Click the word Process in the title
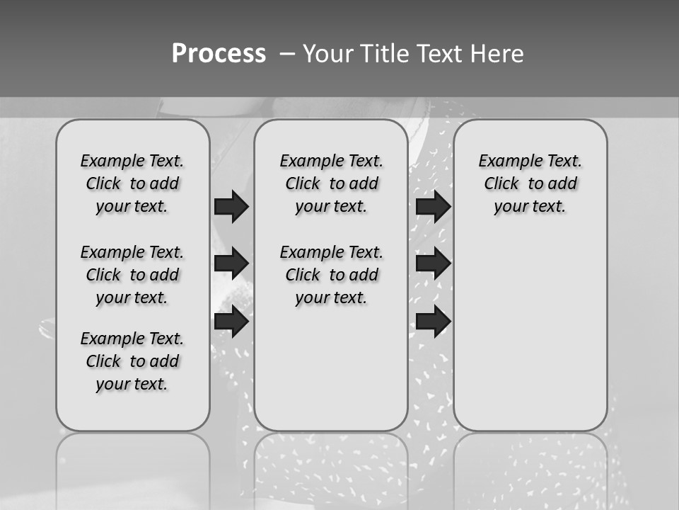[x=219, y=54]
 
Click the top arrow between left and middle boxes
[x=231, y=206]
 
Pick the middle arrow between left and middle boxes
[x=231, y=263]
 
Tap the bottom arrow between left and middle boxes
[x=231, y=322]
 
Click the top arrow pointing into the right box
[x=433, y=206]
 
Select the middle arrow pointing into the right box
[x=433, y=263]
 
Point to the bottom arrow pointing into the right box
[x=433, y=322]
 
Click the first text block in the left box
[x=132, y=183]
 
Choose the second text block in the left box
[x=132, y=275]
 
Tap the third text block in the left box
[x=132, y=361]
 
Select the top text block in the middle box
[x=331, y=183]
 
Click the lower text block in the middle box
[x=331, y=275]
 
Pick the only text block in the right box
[x=530, y=183]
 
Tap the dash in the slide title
[x=287, y=54]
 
